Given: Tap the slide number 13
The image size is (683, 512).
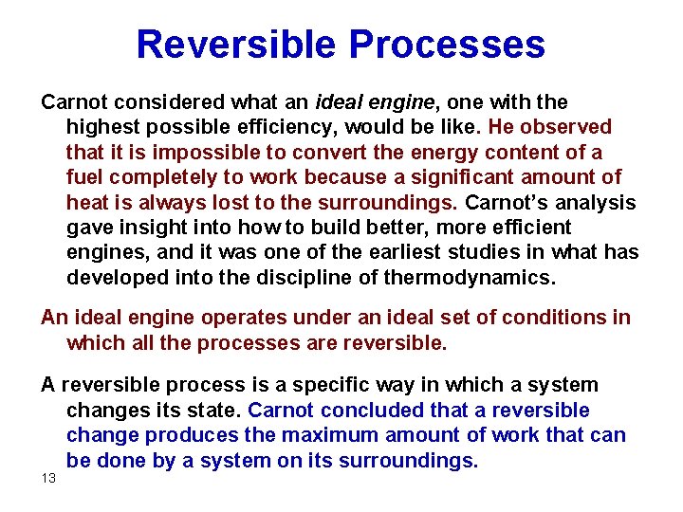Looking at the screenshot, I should point(48,477).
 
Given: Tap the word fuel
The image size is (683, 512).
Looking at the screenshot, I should point(83,177).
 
